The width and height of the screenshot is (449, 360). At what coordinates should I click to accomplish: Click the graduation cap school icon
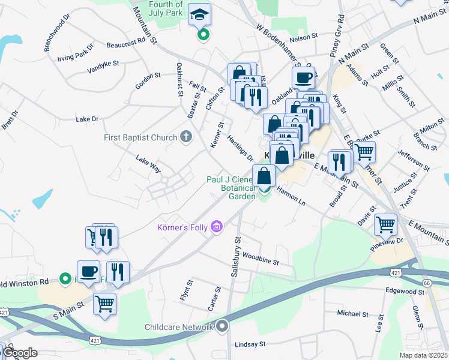click(x=196, y=14)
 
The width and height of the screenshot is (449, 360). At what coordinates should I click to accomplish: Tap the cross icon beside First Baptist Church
click(x=186, y=137)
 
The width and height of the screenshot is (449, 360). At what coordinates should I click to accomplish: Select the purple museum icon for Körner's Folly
click(x=217, y=227)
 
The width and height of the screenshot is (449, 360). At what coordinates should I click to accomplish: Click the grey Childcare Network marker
click(x=223, y=327)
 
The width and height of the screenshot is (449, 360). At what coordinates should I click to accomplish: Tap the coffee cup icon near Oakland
click(x=303, y=77)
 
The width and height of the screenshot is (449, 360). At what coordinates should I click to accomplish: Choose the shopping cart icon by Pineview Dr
click(x=385, y=224)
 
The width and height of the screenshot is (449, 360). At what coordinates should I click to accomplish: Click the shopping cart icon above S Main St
click(x=105, y=304)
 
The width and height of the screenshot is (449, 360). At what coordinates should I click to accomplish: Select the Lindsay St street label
click(x=250, y=344)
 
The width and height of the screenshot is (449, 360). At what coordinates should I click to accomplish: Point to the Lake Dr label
click(x=87, y=119)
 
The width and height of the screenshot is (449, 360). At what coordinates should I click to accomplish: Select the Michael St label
click(x=352, y=313)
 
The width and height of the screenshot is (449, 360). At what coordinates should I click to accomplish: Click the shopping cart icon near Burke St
click(x=364, y=152)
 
